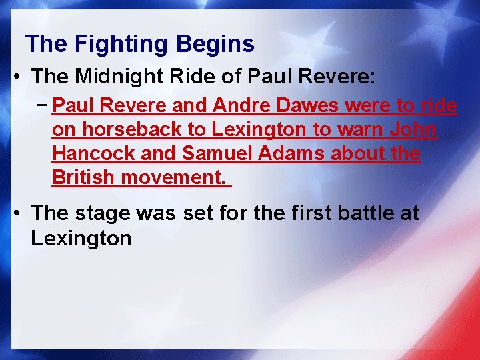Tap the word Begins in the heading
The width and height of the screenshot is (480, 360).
tap(215, 45)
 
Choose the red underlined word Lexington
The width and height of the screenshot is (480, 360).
tap(240, 130)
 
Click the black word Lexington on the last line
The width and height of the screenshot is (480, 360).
tap(81, 237)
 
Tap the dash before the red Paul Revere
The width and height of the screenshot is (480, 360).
tap(44, 105)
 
